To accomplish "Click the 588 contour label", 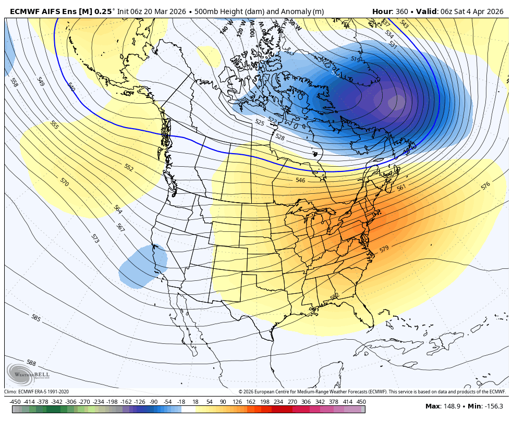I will tap(31, 363).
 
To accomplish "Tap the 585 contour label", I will tap(36, 318).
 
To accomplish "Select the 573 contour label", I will tap(95, 239).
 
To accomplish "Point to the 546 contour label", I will tap(300, 180).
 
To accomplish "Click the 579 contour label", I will tap(384, 249).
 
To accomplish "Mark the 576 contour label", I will tap(485, 185).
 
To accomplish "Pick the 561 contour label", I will tap(401, 188).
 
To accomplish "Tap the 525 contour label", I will tap(260, 122).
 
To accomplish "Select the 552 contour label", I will tap(129, 167).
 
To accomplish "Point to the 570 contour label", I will tap(65, 182).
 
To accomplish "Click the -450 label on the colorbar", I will tap(16, 402).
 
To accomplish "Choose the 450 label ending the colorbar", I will tap(361, 402).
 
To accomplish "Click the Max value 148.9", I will tap(451, 406).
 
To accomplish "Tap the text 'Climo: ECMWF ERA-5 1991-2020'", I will tap(36, 392).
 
